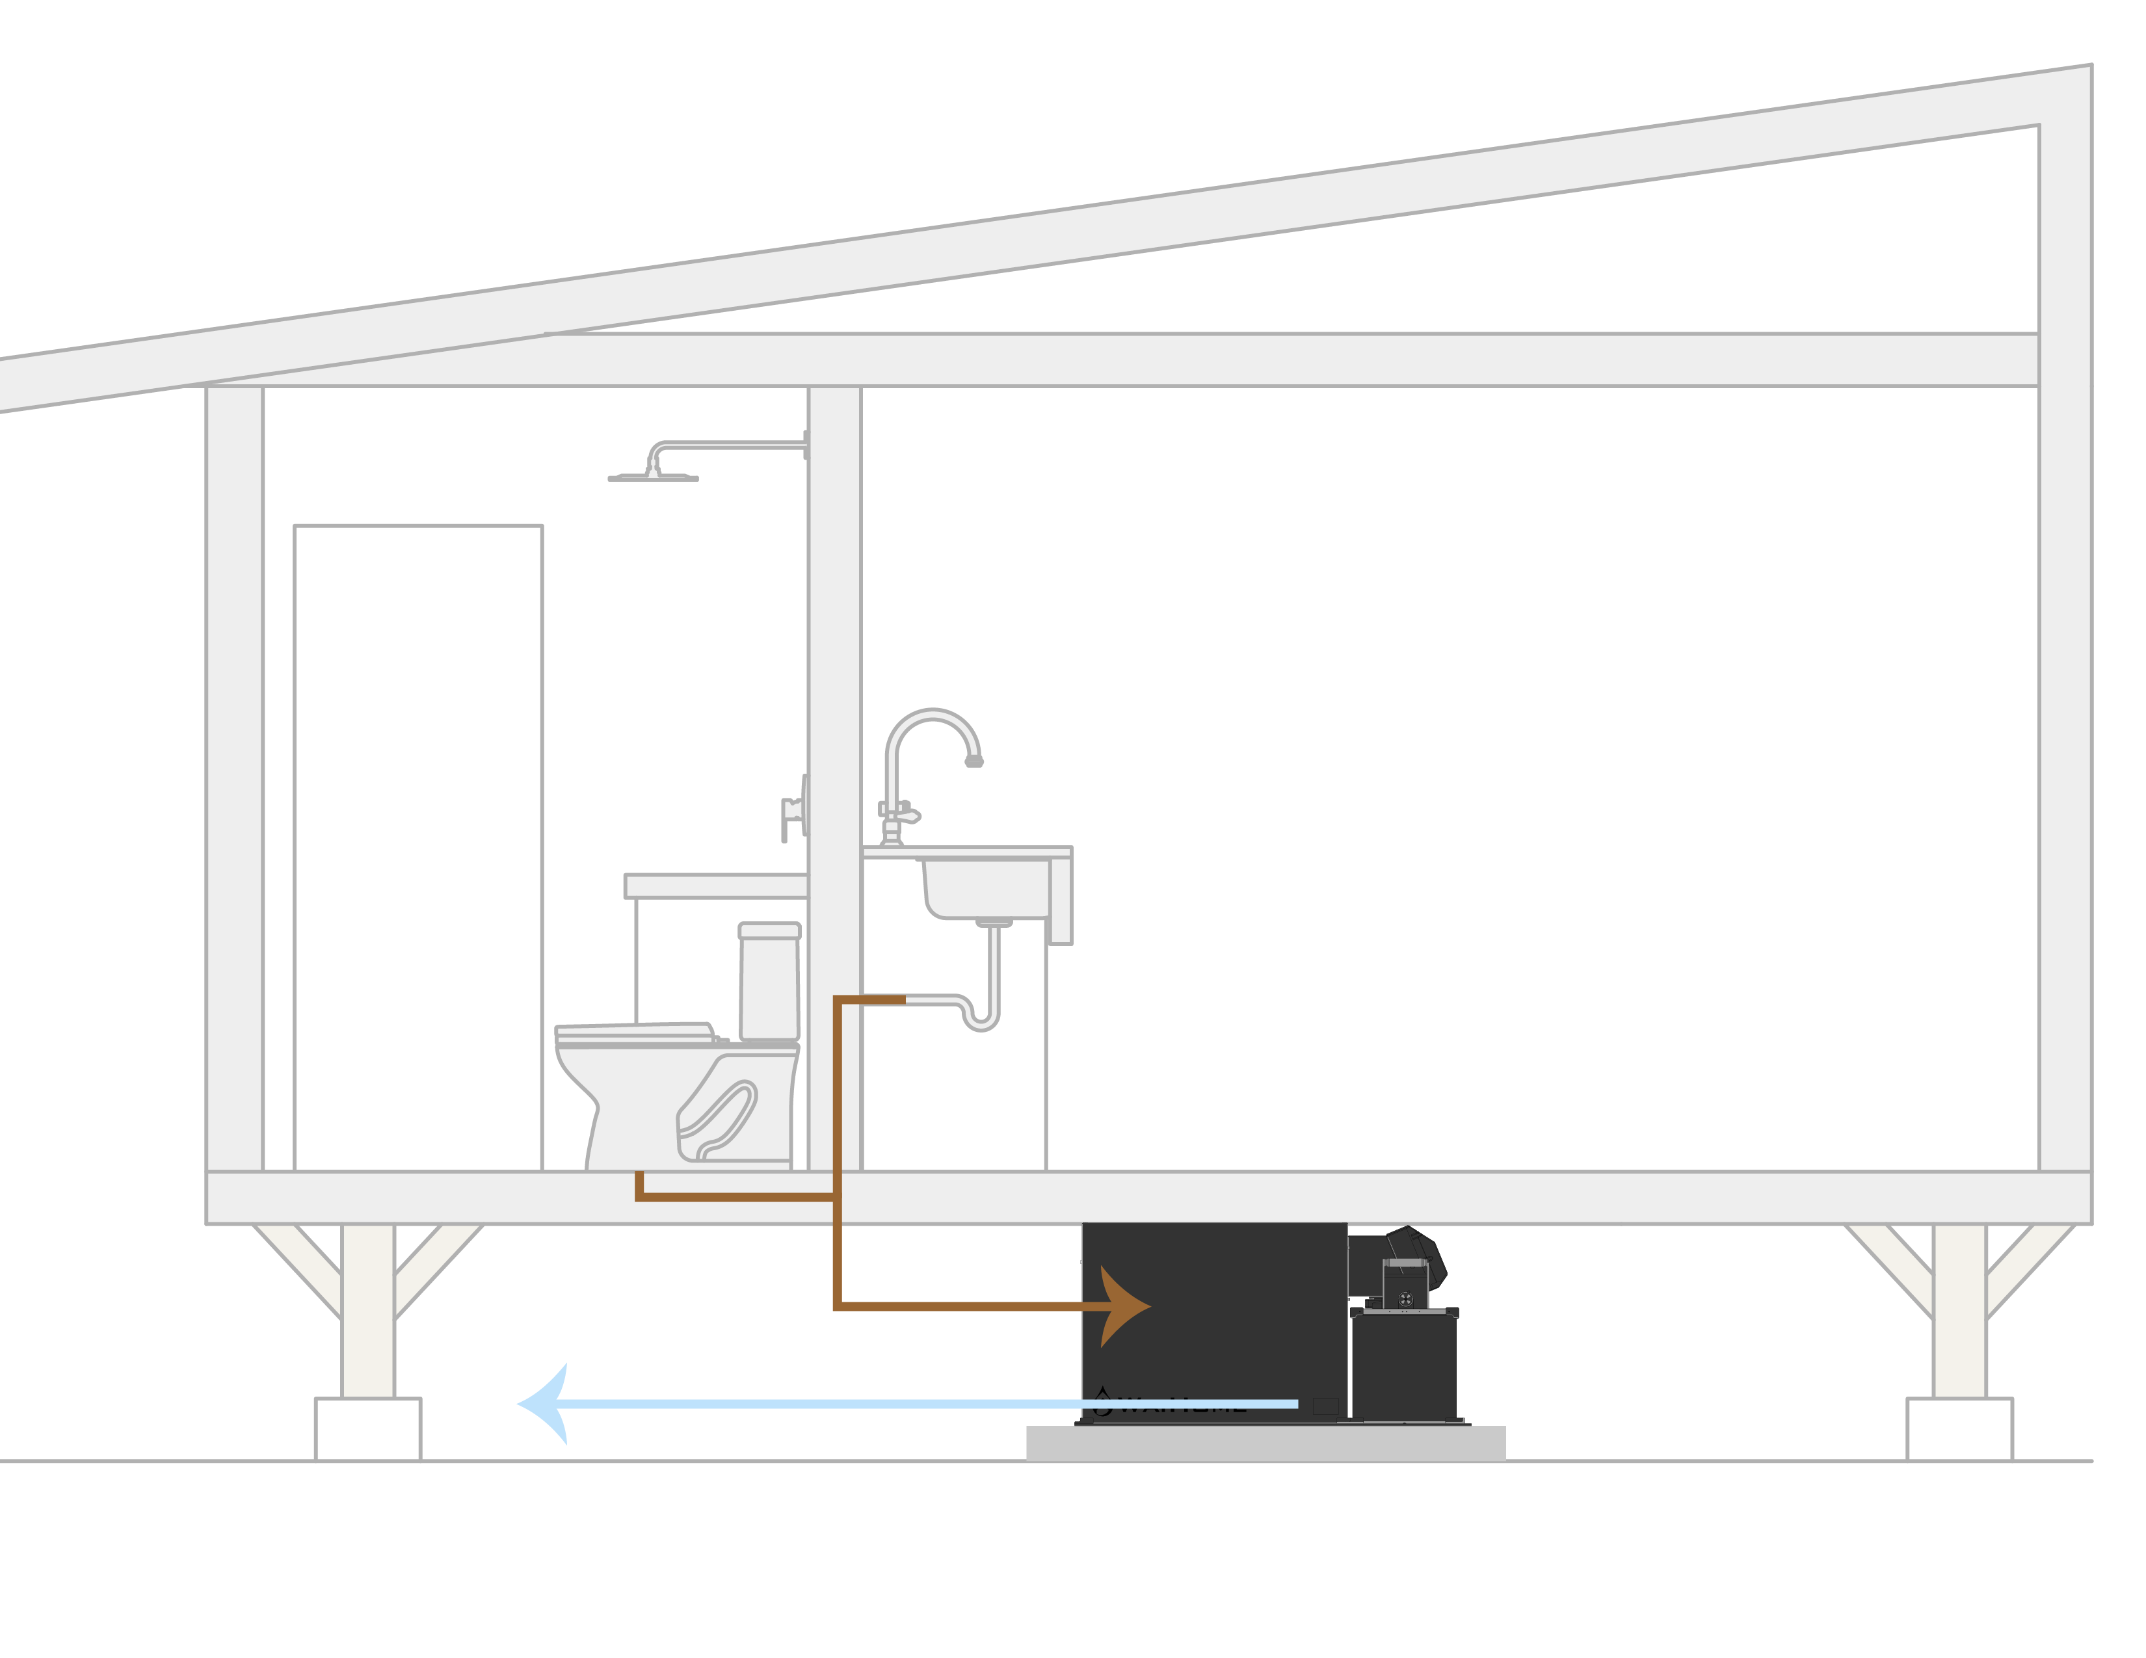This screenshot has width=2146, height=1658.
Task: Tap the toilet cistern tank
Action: pos(769,982)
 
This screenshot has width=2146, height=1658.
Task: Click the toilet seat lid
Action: pos(634,1031)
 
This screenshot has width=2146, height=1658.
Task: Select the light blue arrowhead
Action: pos(546,1404)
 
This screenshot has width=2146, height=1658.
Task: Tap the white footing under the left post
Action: pos(367,1428)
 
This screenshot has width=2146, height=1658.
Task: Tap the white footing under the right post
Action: pos(1959,1428)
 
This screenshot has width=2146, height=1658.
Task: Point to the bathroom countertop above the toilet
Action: pos(715,886)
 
